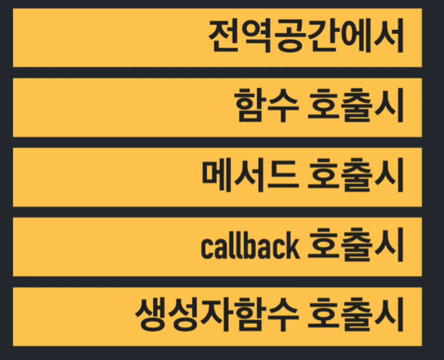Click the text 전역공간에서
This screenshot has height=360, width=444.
306,37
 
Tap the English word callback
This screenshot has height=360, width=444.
250,247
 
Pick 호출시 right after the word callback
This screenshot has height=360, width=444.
356,247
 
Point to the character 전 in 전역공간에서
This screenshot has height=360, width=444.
224,37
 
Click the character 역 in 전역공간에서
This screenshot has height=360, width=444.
257,37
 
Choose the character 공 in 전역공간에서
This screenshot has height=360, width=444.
290,37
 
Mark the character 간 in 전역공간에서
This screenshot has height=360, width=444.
322,37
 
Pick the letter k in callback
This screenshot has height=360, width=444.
292,247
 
